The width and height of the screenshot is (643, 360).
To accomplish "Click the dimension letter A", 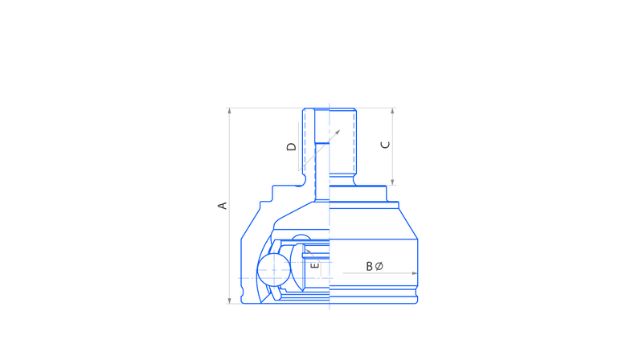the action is (x=222, y=206).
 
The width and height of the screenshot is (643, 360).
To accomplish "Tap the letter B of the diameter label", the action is (x=369, y=267).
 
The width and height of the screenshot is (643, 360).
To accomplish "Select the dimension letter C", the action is (x=386, y=145).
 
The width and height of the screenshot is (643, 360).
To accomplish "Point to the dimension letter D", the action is (x=291, y=147).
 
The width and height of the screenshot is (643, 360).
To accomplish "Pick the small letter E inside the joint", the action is (x=315, y=265).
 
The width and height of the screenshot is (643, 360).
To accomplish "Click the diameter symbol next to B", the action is (x=379, y=267).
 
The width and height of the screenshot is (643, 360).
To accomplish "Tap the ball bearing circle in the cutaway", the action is (x=274, y=270).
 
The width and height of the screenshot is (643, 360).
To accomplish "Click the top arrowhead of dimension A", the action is (x=230, y=111).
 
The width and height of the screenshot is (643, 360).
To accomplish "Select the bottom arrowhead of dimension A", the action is (x=230, y=301).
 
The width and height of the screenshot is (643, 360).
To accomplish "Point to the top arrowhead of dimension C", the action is (x=392, y=111).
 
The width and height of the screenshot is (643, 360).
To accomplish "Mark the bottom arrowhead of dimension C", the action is (x=392, y=182).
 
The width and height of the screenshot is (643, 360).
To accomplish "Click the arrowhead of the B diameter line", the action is (x=415, y=273).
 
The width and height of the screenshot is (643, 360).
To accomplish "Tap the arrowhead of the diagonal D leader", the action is (x=338, y=133).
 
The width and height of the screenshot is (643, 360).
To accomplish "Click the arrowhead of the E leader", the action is (x=309, y=252).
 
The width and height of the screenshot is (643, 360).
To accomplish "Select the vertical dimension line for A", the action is (x=230, y=206).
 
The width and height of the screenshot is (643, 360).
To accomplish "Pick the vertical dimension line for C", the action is (x=392, y=146).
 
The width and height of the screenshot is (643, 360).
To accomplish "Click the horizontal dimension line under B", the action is (x=380, y=273).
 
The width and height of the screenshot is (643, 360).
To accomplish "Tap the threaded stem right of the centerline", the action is (x=343, y=141).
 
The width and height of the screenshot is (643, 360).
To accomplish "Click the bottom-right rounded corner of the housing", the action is (x=416, y=302).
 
